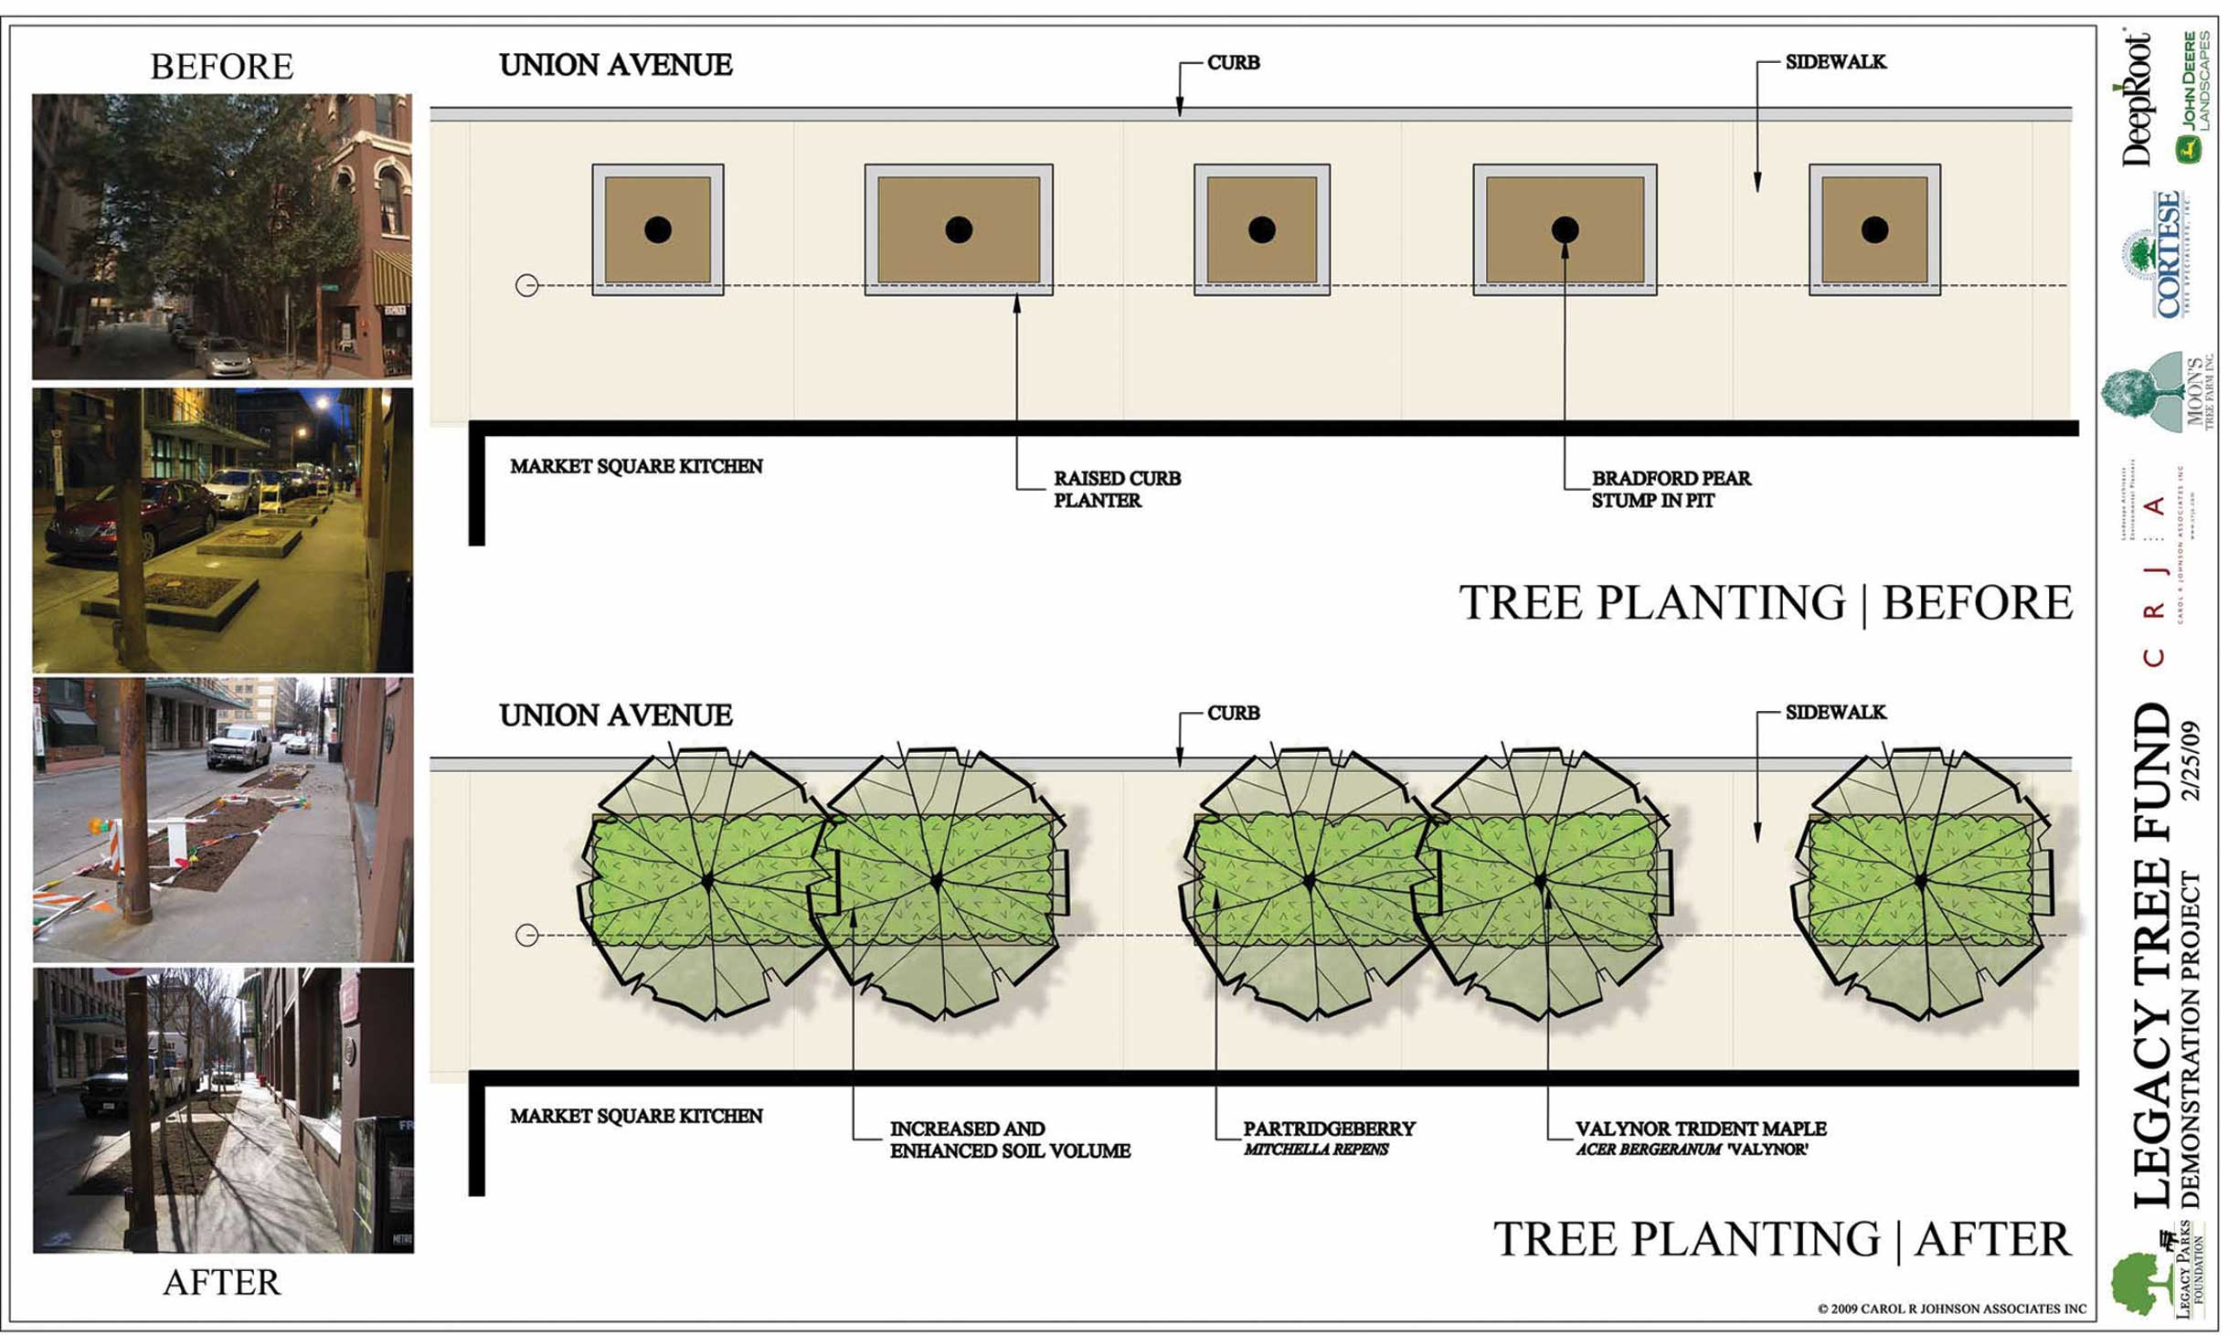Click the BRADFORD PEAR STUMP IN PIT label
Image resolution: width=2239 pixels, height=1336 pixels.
click(1671, 489)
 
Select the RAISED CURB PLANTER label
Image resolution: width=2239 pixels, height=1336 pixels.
click(1116, 489)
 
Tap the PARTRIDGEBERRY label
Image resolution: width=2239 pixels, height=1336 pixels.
click(1328, 1129)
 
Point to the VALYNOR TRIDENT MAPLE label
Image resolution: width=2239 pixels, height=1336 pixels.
click(1700, 1129)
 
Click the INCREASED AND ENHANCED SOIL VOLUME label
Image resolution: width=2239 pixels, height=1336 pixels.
click(1009, 1140)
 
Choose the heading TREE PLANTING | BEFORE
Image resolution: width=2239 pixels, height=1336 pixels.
click(1765, 603)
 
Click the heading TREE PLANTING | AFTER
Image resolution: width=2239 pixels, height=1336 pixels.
click(1781, 1239)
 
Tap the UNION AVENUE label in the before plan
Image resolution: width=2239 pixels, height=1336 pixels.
click(615, 66)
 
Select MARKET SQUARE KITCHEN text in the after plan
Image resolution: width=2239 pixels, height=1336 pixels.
click(636, 1116)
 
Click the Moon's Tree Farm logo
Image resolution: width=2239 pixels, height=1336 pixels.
click(2157, 393)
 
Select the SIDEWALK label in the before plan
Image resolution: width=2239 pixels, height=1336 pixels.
click(1835, 62)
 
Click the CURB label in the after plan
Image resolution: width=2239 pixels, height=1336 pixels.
click(1233, 713)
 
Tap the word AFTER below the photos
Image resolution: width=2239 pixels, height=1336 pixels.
click(221, 1282)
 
